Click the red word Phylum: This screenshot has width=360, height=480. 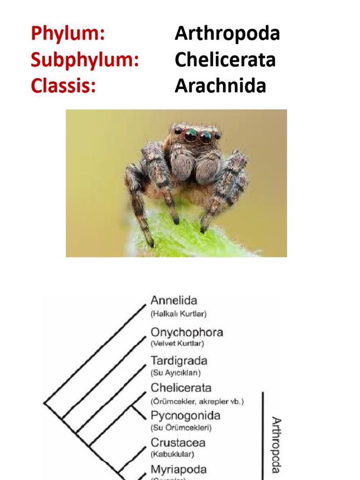67,34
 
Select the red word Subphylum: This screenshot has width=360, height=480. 85,60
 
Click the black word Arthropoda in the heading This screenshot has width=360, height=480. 227,34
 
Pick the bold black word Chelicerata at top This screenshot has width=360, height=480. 225,60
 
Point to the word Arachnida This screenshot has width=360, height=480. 220,86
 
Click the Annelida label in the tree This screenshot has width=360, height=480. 174,300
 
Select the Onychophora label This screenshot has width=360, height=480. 187,333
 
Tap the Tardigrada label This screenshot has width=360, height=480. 179,361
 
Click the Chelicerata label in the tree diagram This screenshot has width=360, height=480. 181,388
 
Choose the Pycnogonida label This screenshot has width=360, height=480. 185,415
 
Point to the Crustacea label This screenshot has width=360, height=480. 178,442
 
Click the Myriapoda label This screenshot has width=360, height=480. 178,469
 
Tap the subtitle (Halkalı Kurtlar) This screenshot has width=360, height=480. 178,313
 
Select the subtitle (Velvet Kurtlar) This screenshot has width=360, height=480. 177,344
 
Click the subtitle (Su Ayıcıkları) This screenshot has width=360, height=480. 176,373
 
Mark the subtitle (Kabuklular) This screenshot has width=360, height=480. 172,454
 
